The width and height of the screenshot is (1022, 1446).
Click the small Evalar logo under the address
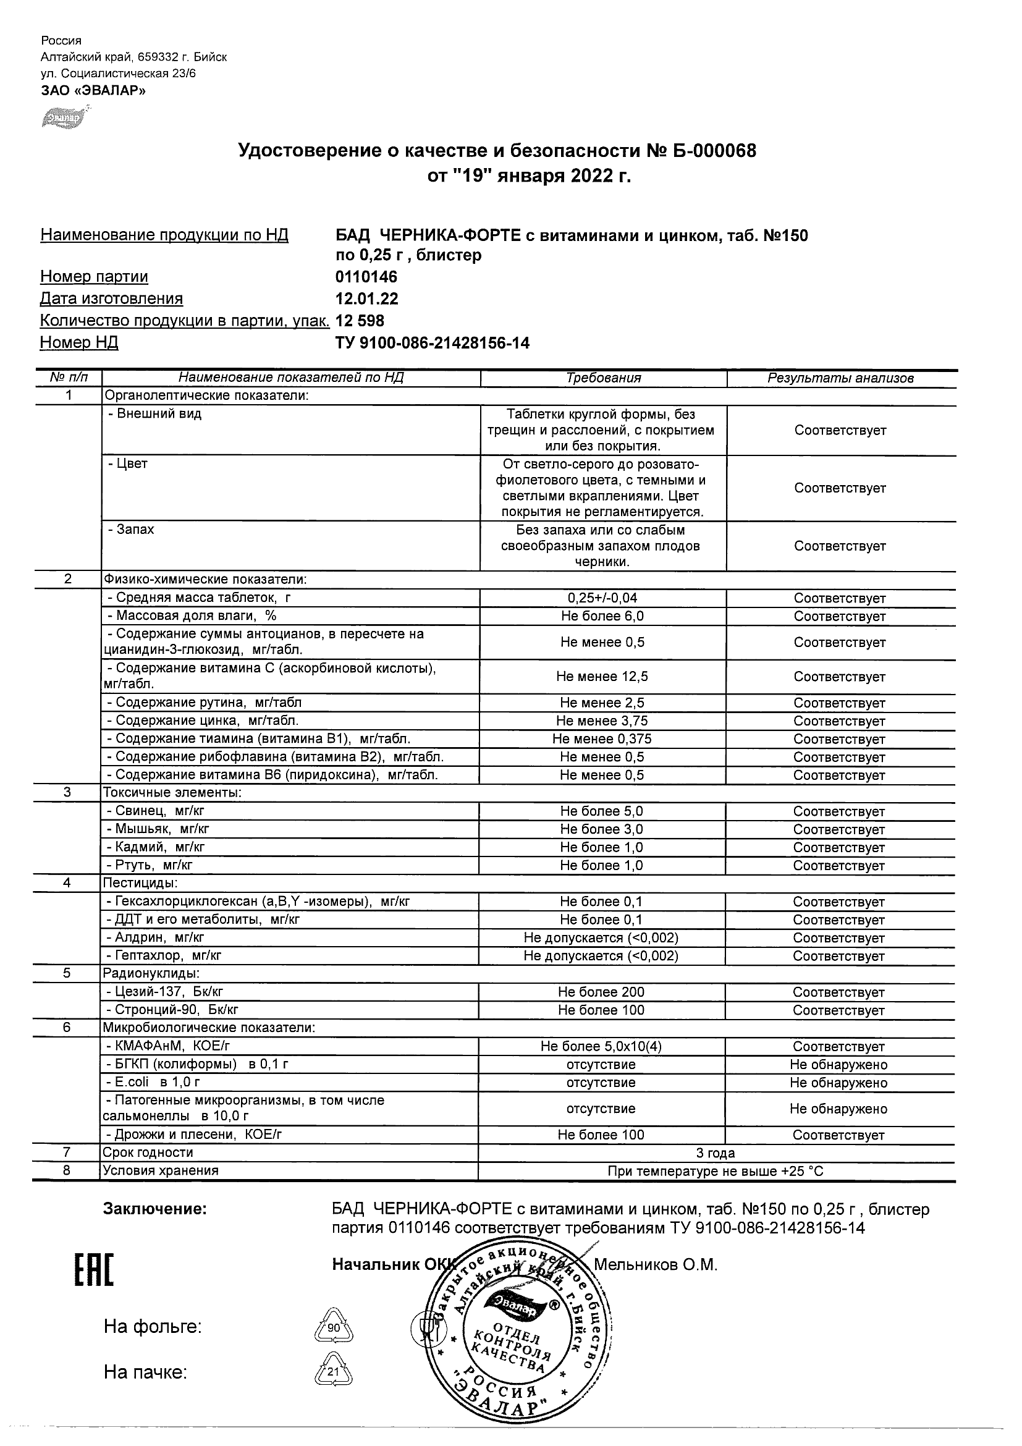[65, 117]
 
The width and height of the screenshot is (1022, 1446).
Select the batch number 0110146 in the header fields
[366, 276]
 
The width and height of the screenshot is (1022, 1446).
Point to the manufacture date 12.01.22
[366, 298]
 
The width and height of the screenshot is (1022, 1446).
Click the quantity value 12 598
[360, 321]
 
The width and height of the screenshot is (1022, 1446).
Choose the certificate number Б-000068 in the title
[712, 151]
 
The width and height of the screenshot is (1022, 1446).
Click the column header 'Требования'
[603, 378]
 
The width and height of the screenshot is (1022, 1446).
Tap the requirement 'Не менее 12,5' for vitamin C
[602, 677]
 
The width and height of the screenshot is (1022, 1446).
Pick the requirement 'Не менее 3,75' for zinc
[602, 721]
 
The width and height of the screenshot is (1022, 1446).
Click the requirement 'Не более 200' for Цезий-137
[601, 992]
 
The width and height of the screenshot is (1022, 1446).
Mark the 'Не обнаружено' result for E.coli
[838, 1083]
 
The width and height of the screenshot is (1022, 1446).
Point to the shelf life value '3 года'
[716, 1152]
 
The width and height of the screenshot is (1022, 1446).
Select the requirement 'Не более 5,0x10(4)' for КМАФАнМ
[601, 1046]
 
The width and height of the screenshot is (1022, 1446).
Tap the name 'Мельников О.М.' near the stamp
[656, 1264]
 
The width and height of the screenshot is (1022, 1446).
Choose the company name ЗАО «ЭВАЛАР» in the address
[93, 90]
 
